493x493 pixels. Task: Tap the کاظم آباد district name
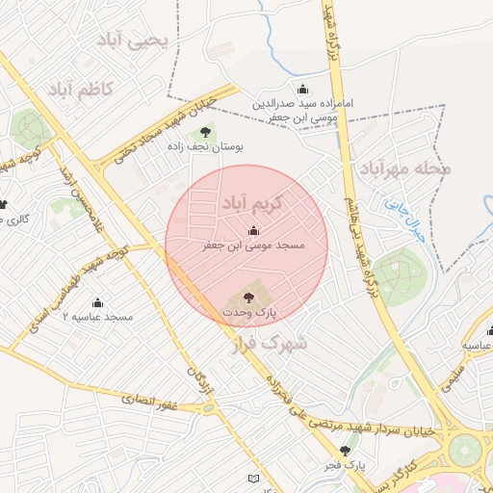(79, 90)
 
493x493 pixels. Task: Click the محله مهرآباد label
(405, 169)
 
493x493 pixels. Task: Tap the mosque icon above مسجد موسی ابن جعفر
(253, 230)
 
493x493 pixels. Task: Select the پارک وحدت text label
(250, 314)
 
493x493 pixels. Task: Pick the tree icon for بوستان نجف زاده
(204, 133)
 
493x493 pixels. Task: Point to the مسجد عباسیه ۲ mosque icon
(97, 301)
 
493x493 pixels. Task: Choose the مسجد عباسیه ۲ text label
(97, 317)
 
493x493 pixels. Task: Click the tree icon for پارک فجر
(344, 450)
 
